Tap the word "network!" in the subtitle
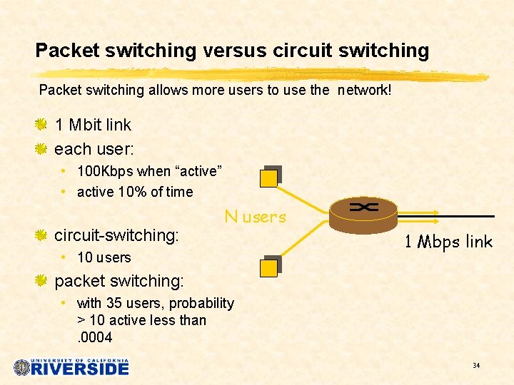coord(366,91)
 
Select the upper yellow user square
coord(269,178)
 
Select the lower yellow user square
coord(269,267)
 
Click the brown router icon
coord(363,212)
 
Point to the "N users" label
coord(255,217)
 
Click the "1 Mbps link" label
coord(448,242)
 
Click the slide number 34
coord(475,366)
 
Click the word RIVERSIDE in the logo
coord(81,369)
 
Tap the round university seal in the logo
coord(22,367)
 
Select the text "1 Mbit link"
coord(93,125)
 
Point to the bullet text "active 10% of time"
coord(134,192)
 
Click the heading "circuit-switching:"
coord(116,235)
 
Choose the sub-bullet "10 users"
coord(104,257)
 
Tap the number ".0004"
coord(94,337)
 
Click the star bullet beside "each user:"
coord(41,149)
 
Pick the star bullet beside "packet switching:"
coord(41,280)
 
